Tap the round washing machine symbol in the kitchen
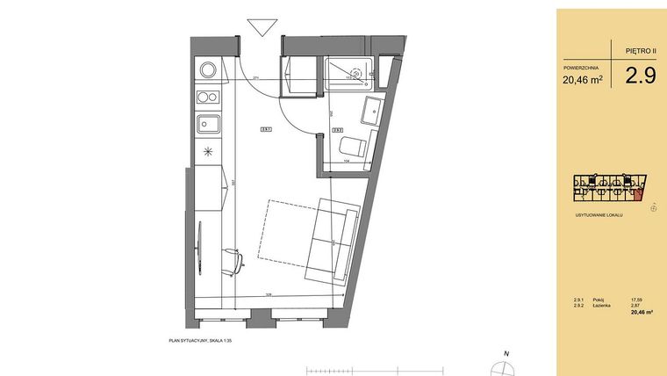[208, 69]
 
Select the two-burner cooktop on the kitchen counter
[207, 98]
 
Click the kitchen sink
[207, 123]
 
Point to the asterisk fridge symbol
[208, 151]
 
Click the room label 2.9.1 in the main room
[265, 130]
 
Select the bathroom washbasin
[369, 112]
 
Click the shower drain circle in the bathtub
[356, 73]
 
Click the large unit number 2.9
[640, 76]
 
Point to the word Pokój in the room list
[599, 300]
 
